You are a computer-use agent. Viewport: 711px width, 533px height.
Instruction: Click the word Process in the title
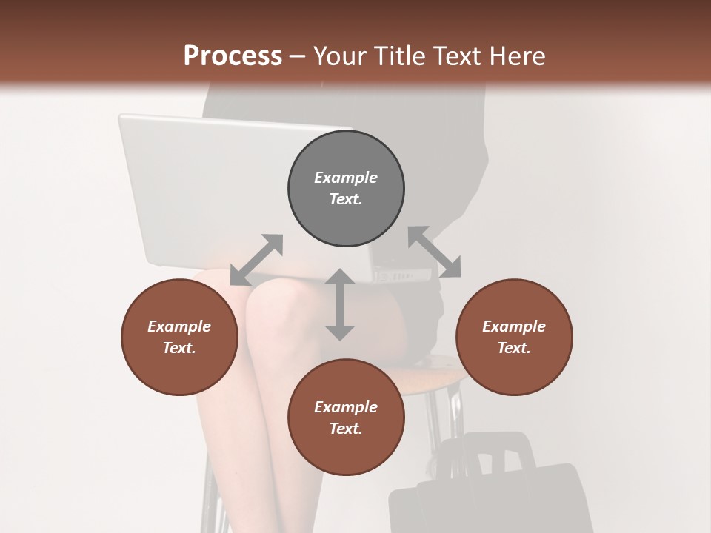click(x=233, y=56)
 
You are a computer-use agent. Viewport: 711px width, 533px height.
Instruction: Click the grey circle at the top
click(x=346, y=188)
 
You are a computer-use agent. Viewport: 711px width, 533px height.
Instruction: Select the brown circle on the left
click(x=179, y=337)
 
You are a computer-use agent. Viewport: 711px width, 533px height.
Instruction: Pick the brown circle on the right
click(x=514, y=337)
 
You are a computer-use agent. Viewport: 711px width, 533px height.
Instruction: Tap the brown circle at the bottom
click(x=346, y=418)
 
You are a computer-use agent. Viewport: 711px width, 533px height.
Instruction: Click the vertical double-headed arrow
click(x=340, y=304)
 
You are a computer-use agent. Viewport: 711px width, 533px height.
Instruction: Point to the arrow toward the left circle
click(x=256, y=260)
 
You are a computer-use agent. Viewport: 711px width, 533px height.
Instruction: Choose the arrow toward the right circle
click(x=434, y=252)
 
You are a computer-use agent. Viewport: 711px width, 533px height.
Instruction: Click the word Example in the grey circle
click(x=346, y=178)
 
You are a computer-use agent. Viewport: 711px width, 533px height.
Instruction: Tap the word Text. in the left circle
click(x=179, y=348)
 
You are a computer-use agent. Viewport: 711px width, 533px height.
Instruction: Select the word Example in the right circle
click(x=514, y=326)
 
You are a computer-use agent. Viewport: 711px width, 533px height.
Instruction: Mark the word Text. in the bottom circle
click(x=346, y=429)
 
